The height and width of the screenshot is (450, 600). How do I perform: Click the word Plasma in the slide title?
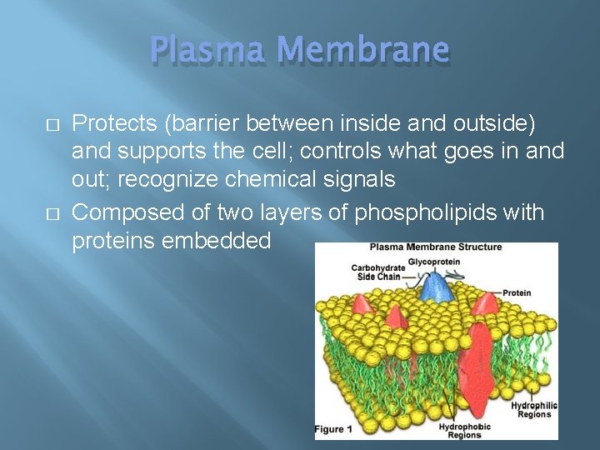[x=207, y=52]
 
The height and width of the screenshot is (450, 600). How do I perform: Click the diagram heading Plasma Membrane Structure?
[x=436, y=247]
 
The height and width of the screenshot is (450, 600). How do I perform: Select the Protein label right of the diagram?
[x=517, y=292]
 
